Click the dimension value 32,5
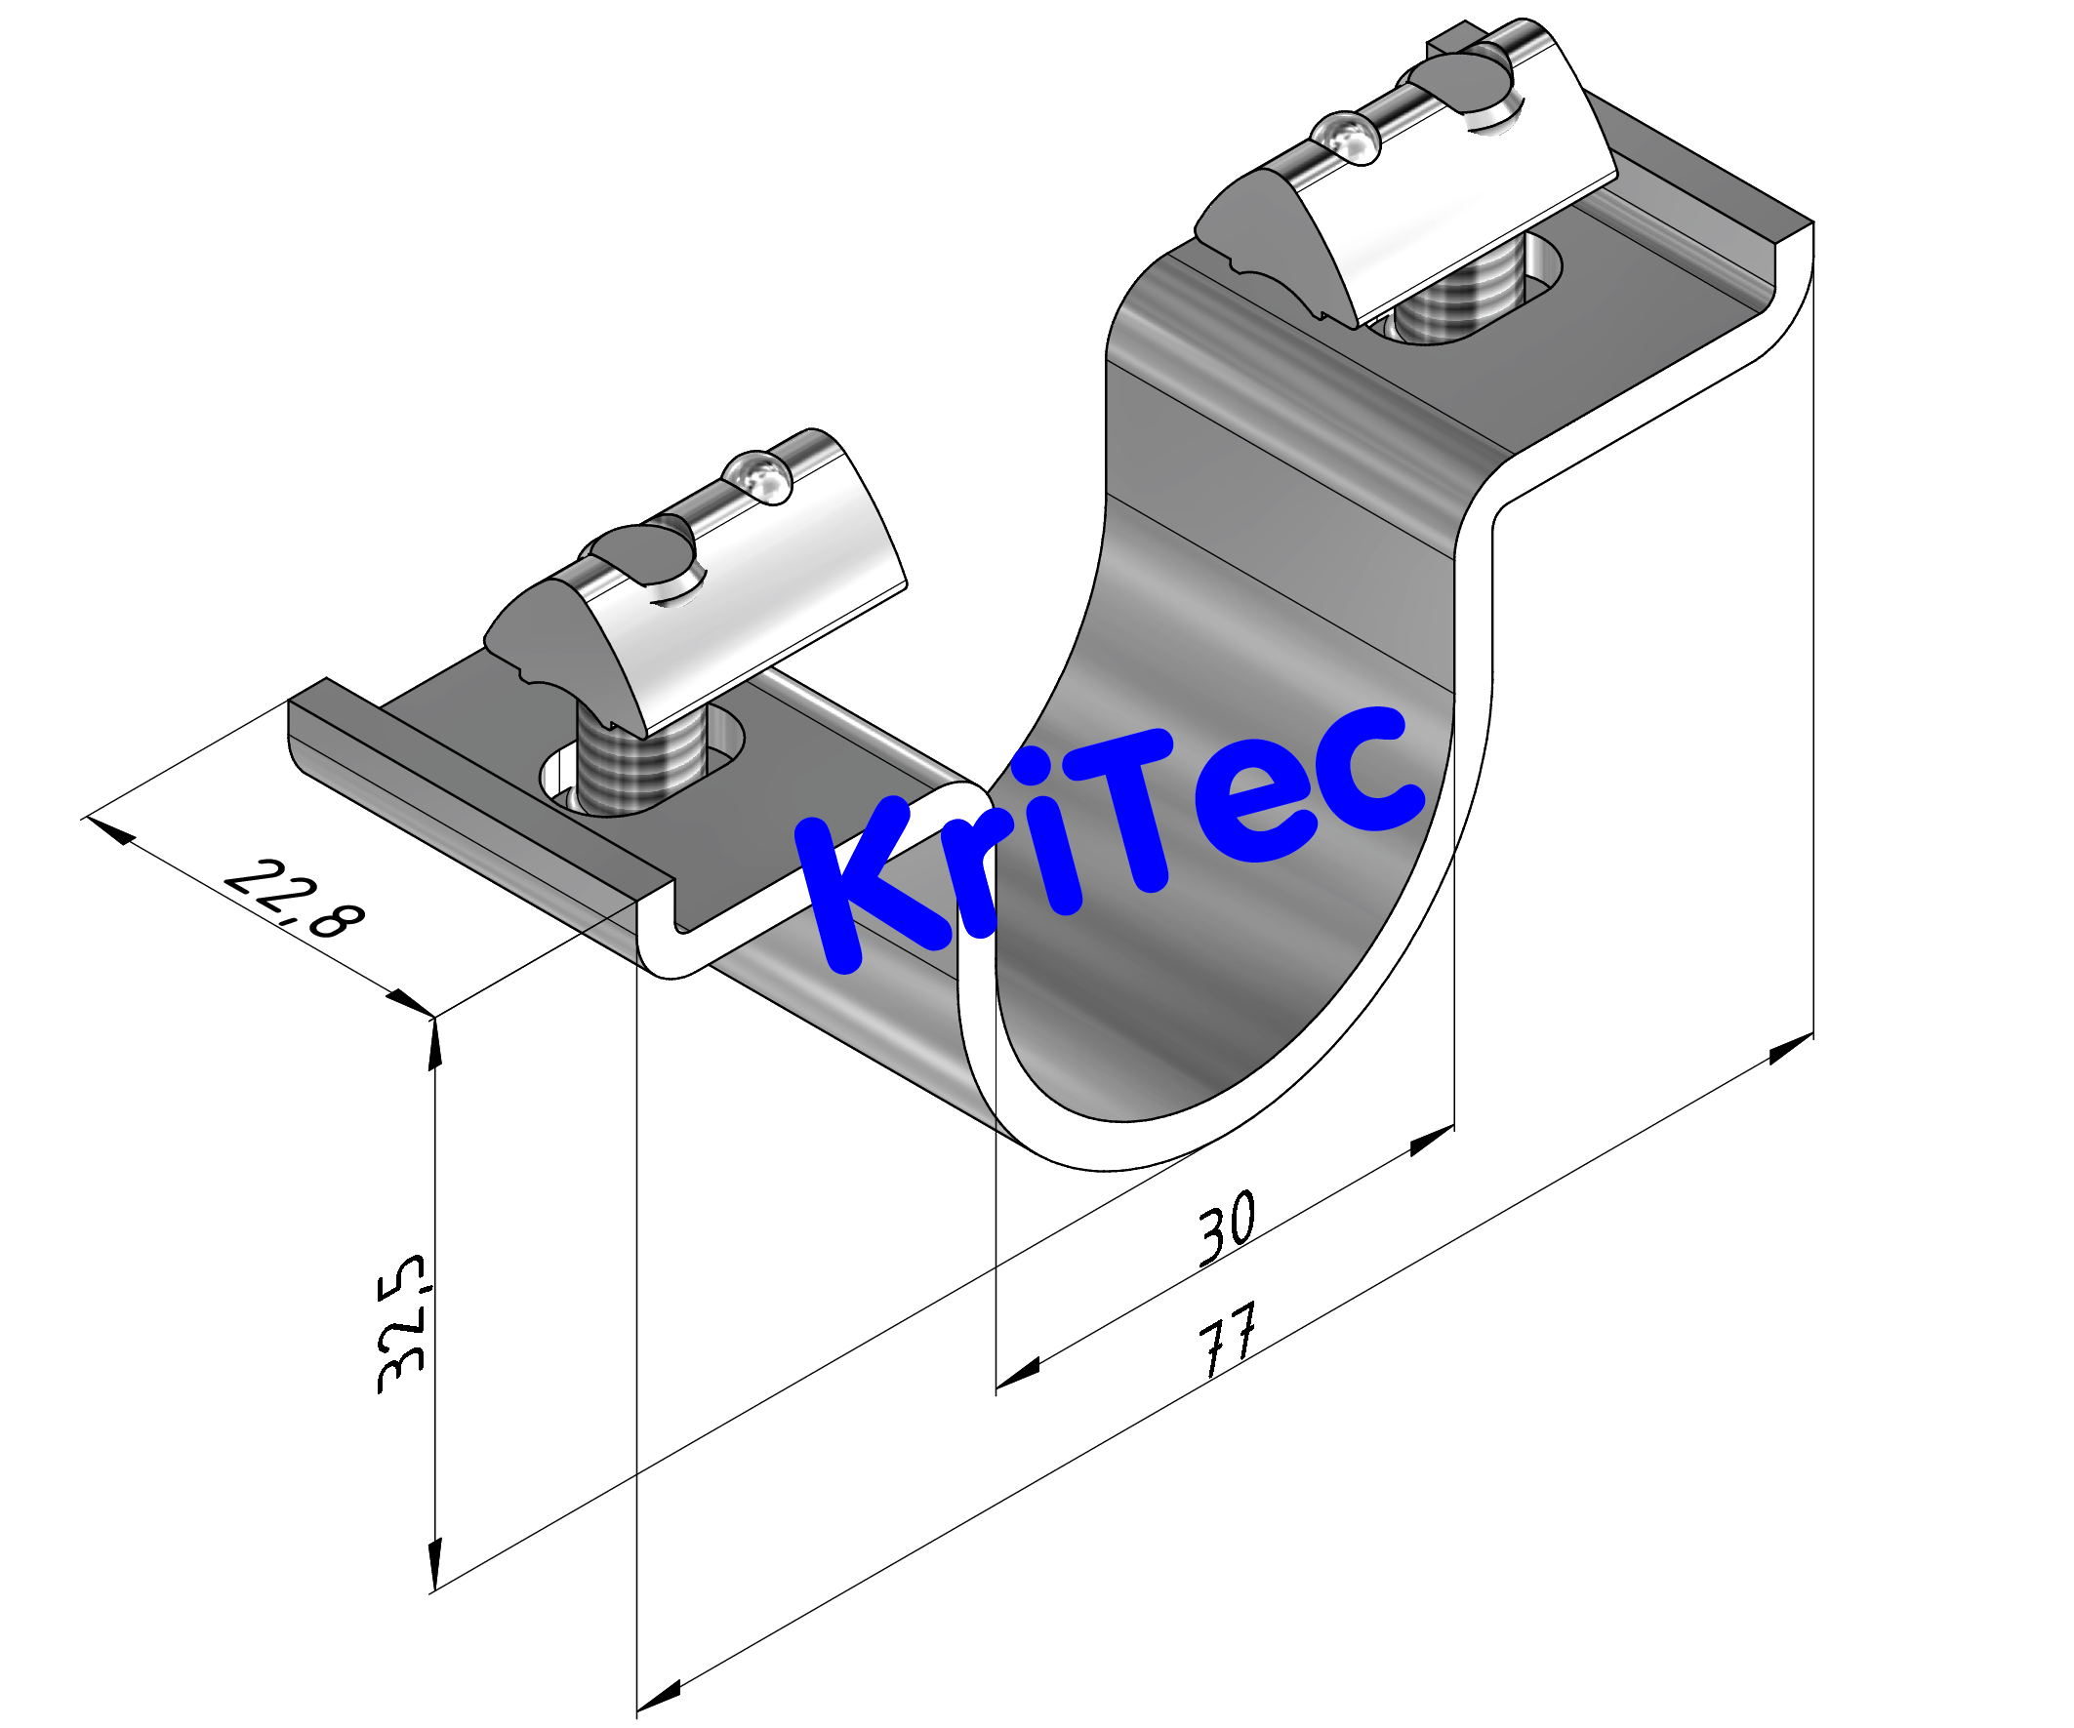(x=402, y=1323)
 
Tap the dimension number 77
(x=1228, y=1340)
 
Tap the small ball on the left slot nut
(x=758, y=477)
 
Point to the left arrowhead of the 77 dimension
(x=660, y=1695)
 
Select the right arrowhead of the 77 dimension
(x=1791, y=1049)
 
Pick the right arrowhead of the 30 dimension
(x=1431, y=1141)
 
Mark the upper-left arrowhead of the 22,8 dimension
(x=110, y=830)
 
